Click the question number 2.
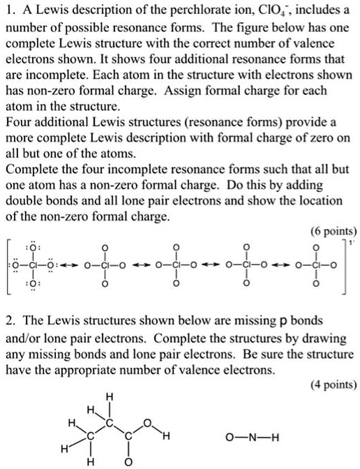(10, 321)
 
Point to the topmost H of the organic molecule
(107, 396)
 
